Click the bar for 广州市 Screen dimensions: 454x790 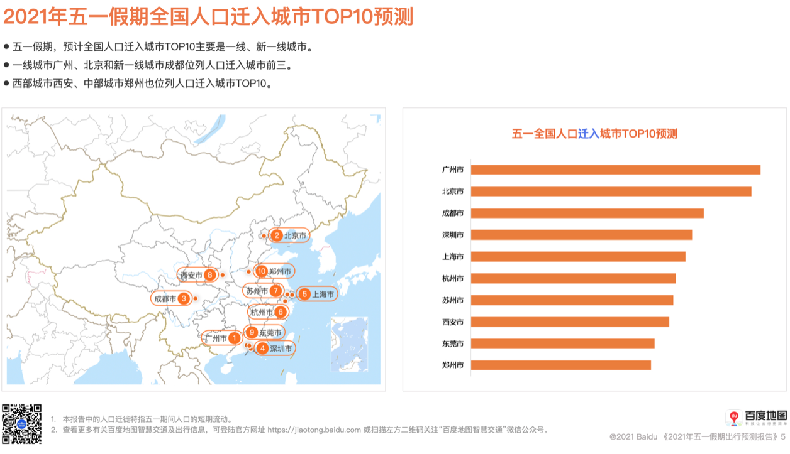coord(615,170)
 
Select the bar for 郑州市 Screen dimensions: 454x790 coord(560,365)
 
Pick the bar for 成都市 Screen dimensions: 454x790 coord(587,213)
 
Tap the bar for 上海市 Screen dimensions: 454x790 coord(577,257)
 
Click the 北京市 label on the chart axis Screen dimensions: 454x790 coord(453,192)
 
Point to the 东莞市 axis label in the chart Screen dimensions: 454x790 coord(453,344)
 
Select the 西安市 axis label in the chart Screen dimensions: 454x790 coord(453,322)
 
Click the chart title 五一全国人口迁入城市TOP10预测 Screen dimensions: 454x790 coord(594,134)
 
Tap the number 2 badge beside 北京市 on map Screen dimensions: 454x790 coord(277,236)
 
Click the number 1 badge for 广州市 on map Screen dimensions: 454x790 coord(234,338)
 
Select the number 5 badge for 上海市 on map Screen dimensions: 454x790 coord(304,294)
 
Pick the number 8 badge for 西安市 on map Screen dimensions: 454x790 coord(209,274)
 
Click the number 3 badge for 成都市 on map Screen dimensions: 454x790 coord(184,299)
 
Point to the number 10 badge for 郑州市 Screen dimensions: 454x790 coord(262,271)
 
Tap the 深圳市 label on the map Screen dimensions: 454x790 coord(281,349)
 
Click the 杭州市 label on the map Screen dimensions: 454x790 coord(261,312)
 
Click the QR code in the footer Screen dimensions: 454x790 coord(21,424)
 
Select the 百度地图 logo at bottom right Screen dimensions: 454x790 coord(757,418)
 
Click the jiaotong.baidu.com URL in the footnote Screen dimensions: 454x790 coord(314,430)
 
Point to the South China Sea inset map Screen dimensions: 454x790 coord(350,345)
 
